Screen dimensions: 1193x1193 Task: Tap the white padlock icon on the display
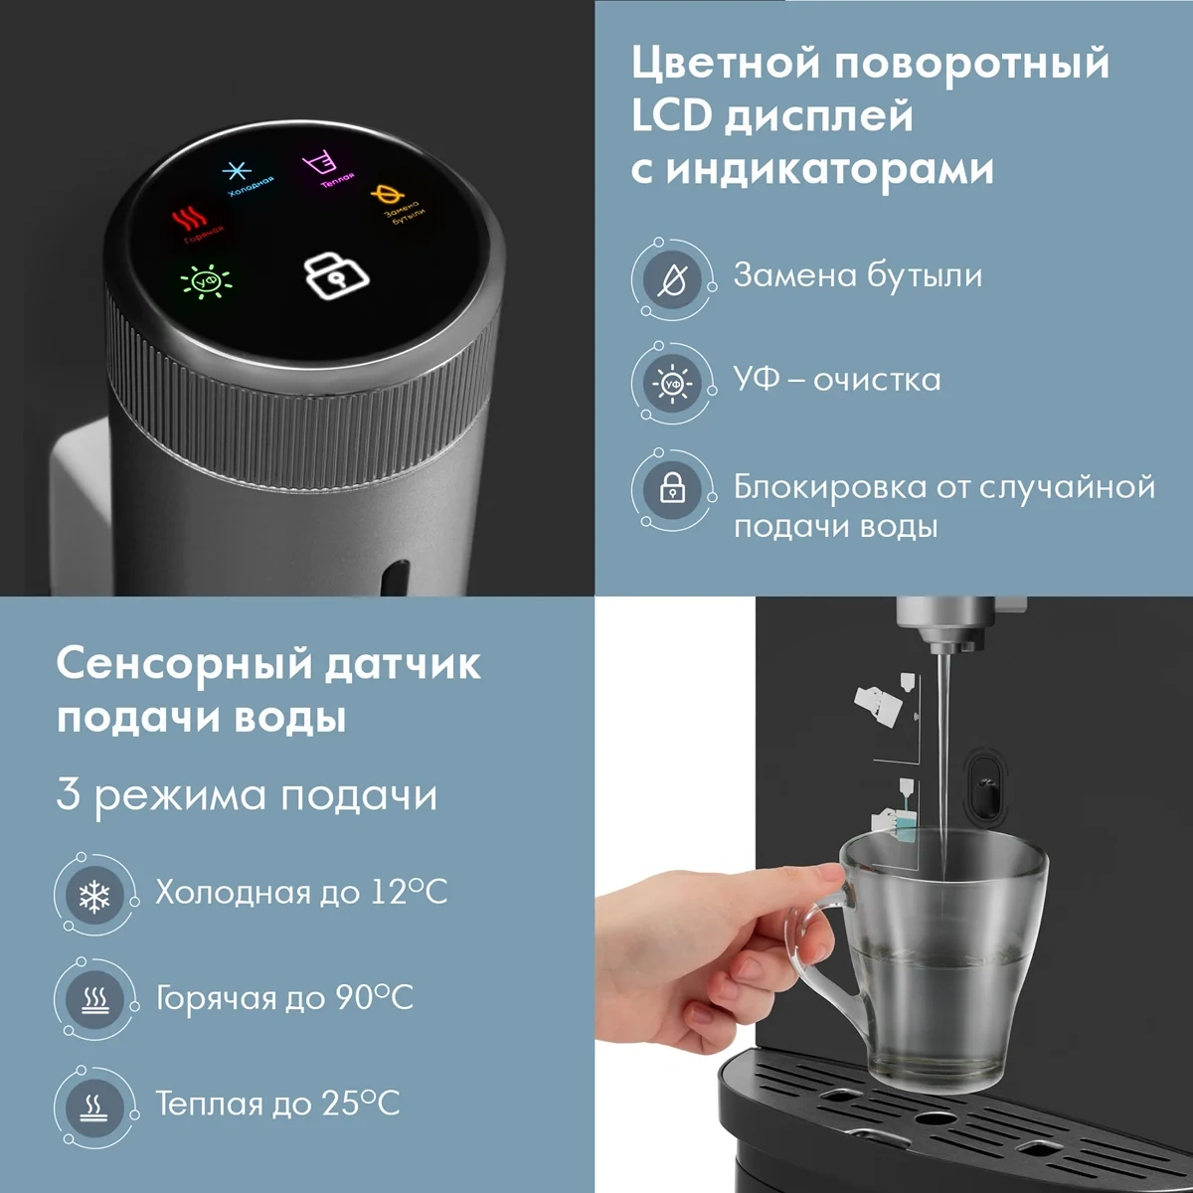pos(336,275)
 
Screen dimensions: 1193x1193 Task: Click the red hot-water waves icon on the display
pos(190,219)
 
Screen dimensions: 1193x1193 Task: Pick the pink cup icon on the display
pos(319,165)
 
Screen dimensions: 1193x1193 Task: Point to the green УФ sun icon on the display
pos(206,281)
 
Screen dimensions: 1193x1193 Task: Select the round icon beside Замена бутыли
pos(672,280)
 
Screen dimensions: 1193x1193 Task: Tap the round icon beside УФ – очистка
pos(672,385)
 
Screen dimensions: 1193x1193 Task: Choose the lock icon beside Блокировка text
pos(672,490)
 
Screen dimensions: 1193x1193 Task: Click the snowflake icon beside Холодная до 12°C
pos(94,896)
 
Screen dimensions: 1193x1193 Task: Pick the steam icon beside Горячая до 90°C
pos(94,1000)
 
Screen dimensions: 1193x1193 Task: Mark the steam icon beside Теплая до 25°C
pos(94,1106)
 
